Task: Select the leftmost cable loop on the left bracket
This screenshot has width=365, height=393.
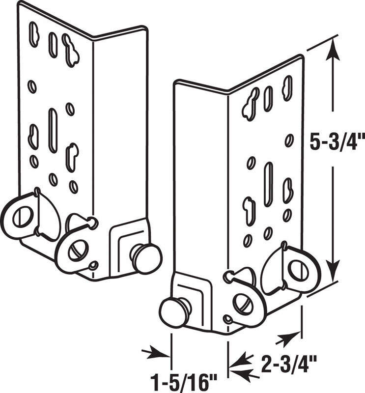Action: (x=22, y=217)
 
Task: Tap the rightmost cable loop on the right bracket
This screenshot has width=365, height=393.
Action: (x=298, y=270)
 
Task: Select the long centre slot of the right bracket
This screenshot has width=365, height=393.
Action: (x=268, y=184)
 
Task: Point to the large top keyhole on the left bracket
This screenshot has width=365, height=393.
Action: (x=71, y=50)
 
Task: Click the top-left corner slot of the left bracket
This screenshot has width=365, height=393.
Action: (x=33, y=34)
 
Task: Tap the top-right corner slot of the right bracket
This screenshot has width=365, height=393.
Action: (x=287, y=88)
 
